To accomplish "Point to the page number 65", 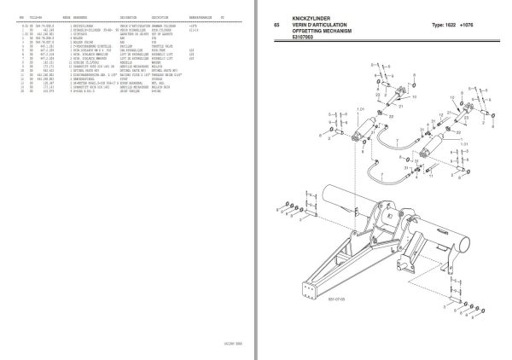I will [x=276, y=25].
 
